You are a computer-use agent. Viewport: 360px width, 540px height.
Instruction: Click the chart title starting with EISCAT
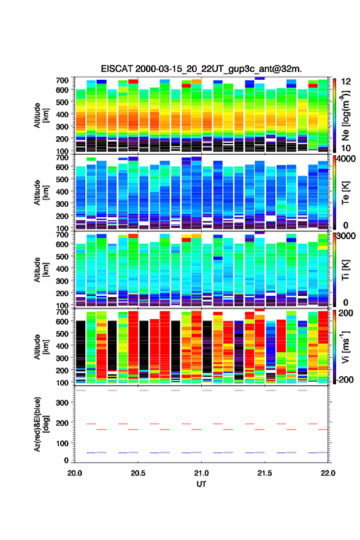click(x=201, y=69)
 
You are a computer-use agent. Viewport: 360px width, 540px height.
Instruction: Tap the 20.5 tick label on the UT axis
click(x=138, y=473)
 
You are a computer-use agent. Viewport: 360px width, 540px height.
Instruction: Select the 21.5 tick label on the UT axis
click(x=264, y=473)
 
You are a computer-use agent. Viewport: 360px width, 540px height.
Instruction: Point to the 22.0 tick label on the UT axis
click(x=327, y=473)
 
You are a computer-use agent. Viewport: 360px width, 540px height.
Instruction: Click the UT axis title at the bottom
click(x=201, y=484)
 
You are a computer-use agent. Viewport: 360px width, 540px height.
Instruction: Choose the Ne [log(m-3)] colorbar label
click(x=345, y=116)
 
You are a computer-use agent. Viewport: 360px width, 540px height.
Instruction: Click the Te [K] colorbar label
click(x=345, y=193)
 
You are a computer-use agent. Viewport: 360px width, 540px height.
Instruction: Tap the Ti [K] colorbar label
click(x=345, y=271)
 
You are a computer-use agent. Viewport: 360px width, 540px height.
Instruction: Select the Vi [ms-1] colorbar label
click(x=345, y=347)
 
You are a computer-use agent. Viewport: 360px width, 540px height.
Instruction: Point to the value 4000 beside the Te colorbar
click(x=346, y=159)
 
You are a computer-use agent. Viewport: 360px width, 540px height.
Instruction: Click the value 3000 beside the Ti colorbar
click(x=346, y=236)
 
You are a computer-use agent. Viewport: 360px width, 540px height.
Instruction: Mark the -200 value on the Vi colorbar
click(x=345, y=379)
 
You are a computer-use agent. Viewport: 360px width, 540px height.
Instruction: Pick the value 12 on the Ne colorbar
click(x=345, y=82)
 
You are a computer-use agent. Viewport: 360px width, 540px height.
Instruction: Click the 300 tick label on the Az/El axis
click(x=63, y=403)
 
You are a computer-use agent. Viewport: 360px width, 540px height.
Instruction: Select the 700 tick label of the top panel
click(x=63, y=80)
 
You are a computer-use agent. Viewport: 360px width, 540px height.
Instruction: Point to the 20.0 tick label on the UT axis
click(x=75, y=473)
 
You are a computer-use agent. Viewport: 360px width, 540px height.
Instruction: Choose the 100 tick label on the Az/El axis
click(x=63, y=443)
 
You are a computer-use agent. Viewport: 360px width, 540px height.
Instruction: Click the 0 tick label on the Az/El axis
click(x=66, y=460)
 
